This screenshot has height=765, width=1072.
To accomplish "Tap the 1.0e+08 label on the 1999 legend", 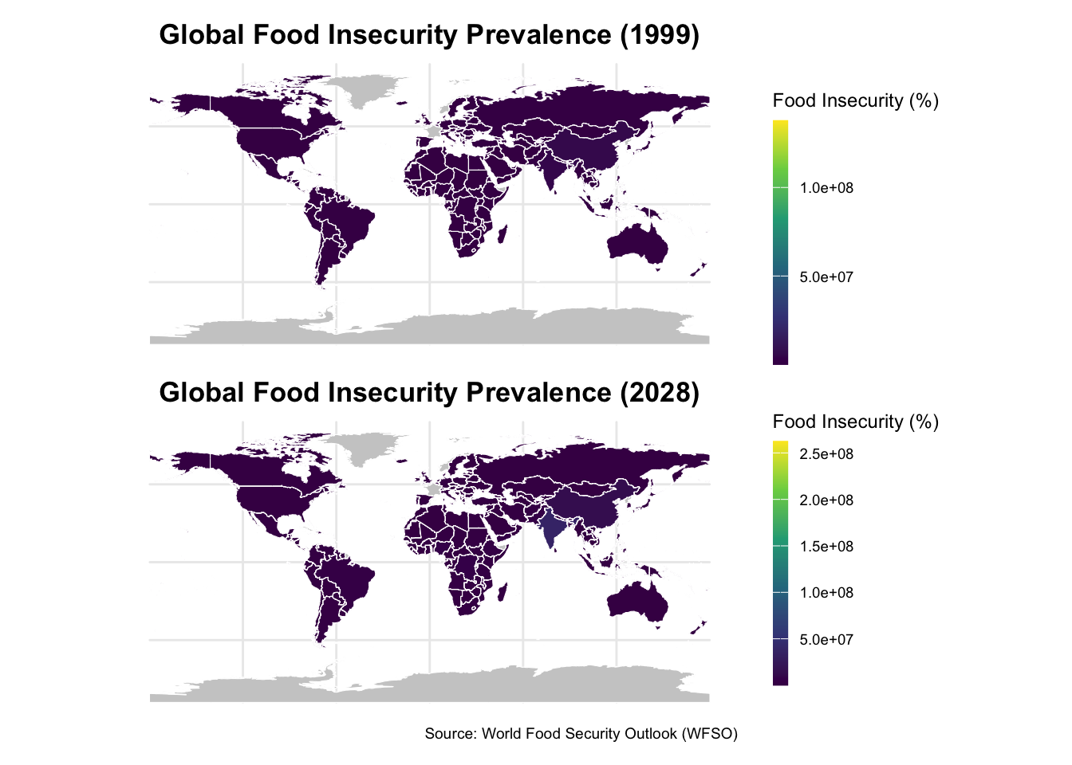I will tap(826, 188).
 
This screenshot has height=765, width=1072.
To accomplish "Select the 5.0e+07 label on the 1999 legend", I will tap(826, 277).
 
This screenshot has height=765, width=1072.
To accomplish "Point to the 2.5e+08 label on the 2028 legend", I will tap(826, 454).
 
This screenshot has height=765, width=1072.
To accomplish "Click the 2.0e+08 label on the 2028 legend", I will tap(826, 500).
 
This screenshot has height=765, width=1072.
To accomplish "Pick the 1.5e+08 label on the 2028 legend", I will tap(826, 547).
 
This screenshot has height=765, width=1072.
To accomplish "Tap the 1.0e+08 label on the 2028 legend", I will tap(826, 593).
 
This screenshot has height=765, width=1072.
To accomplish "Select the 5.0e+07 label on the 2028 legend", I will tap(826, 640).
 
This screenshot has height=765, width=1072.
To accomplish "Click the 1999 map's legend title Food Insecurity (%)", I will tap(855, 100).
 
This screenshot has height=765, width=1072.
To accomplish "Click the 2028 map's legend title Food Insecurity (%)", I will tap(855, 422).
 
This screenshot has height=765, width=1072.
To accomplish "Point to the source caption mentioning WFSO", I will tap(581, 733).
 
